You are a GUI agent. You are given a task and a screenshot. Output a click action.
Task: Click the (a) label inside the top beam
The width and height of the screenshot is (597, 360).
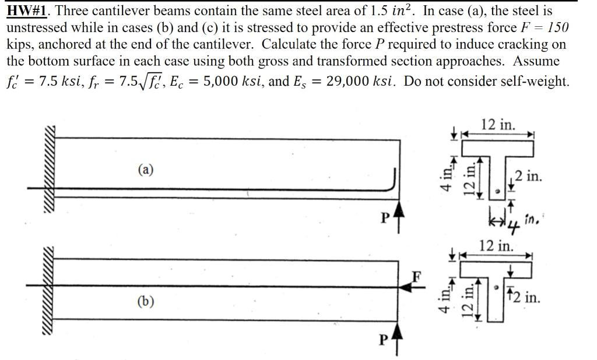146,170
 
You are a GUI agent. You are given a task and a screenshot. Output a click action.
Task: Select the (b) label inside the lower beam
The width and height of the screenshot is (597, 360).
146,302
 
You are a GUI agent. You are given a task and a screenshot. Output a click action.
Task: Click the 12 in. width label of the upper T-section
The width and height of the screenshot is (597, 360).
498,124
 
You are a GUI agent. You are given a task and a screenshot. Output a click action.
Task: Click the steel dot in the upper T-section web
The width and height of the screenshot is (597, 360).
496,189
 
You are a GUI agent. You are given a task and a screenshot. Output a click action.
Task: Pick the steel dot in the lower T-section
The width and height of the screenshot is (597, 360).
496,287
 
